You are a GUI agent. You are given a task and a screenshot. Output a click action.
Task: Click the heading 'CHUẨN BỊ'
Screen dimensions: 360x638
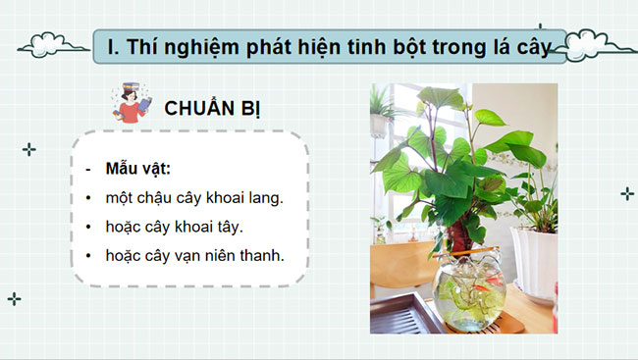click(212, 108)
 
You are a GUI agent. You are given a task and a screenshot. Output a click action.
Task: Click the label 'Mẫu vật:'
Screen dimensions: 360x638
click(137, 167)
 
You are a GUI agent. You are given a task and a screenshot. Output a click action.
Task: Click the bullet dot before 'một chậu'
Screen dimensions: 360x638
click(88, 198)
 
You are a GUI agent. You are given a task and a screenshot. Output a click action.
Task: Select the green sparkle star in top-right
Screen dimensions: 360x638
click(626, 193)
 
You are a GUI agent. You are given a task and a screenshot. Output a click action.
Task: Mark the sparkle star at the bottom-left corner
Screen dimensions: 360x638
click(15, 298)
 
